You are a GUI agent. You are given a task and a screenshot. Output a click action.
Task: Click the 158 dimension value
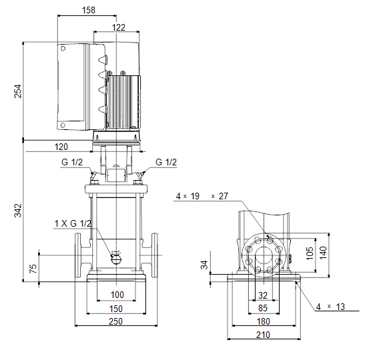coord(89,10)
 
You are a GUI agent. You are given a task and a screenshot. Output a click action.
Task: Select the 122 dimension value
coord(119,27)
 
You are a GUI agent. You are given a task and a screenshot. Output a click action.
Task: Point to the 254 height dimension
coord(17,91)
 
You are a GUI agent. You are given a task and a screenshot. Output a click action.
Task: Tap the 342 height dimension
coord(17,210)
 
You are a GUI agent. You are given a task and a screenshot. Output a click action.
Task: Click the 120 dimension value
coord(61,147)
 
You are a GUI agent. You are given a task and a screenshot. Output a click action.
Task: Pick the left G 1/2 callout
coord(72,162)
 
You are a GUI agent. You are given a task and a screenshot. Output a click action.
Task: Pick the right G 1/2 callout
coord(166,162)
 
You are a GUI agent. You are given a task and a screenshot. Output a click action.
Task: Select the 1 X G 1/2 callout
coord(73,223)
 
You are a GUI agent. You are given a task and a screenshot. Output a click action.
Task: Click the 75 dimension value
coord(33,269)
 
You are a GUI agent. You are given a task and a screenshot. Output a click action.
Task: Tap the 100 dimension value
coord(117,295)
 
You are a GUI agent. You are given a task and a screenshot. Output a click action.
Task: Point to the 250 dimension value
coord(116,321)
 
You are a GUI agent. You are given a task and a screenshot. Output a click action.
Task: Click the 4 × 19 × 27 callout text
coord(202,196)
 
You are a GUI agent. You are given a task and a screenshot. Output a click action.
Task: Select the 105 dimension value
coord(310,253)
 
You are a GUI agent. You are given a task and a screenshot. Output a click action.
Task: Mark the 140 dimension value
coord(323,253)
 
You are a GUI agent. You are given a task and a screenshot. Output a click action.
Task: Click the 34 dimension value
coord(204,265)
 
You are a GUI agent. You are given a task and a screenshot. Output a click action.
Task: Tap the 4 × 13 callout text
coord(330,307)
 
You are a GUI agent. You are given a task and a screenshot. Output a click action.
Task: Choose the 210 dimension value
coord(263,335)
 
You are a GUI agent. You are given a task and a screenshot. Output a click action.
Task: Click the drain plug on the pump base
coord(116,259)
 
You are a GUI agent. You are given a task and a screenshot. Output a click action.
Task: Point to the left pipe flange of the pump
coord(78,255)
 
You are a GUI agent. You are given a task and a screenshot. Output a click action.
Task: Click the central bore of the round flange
coord(264,255)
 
